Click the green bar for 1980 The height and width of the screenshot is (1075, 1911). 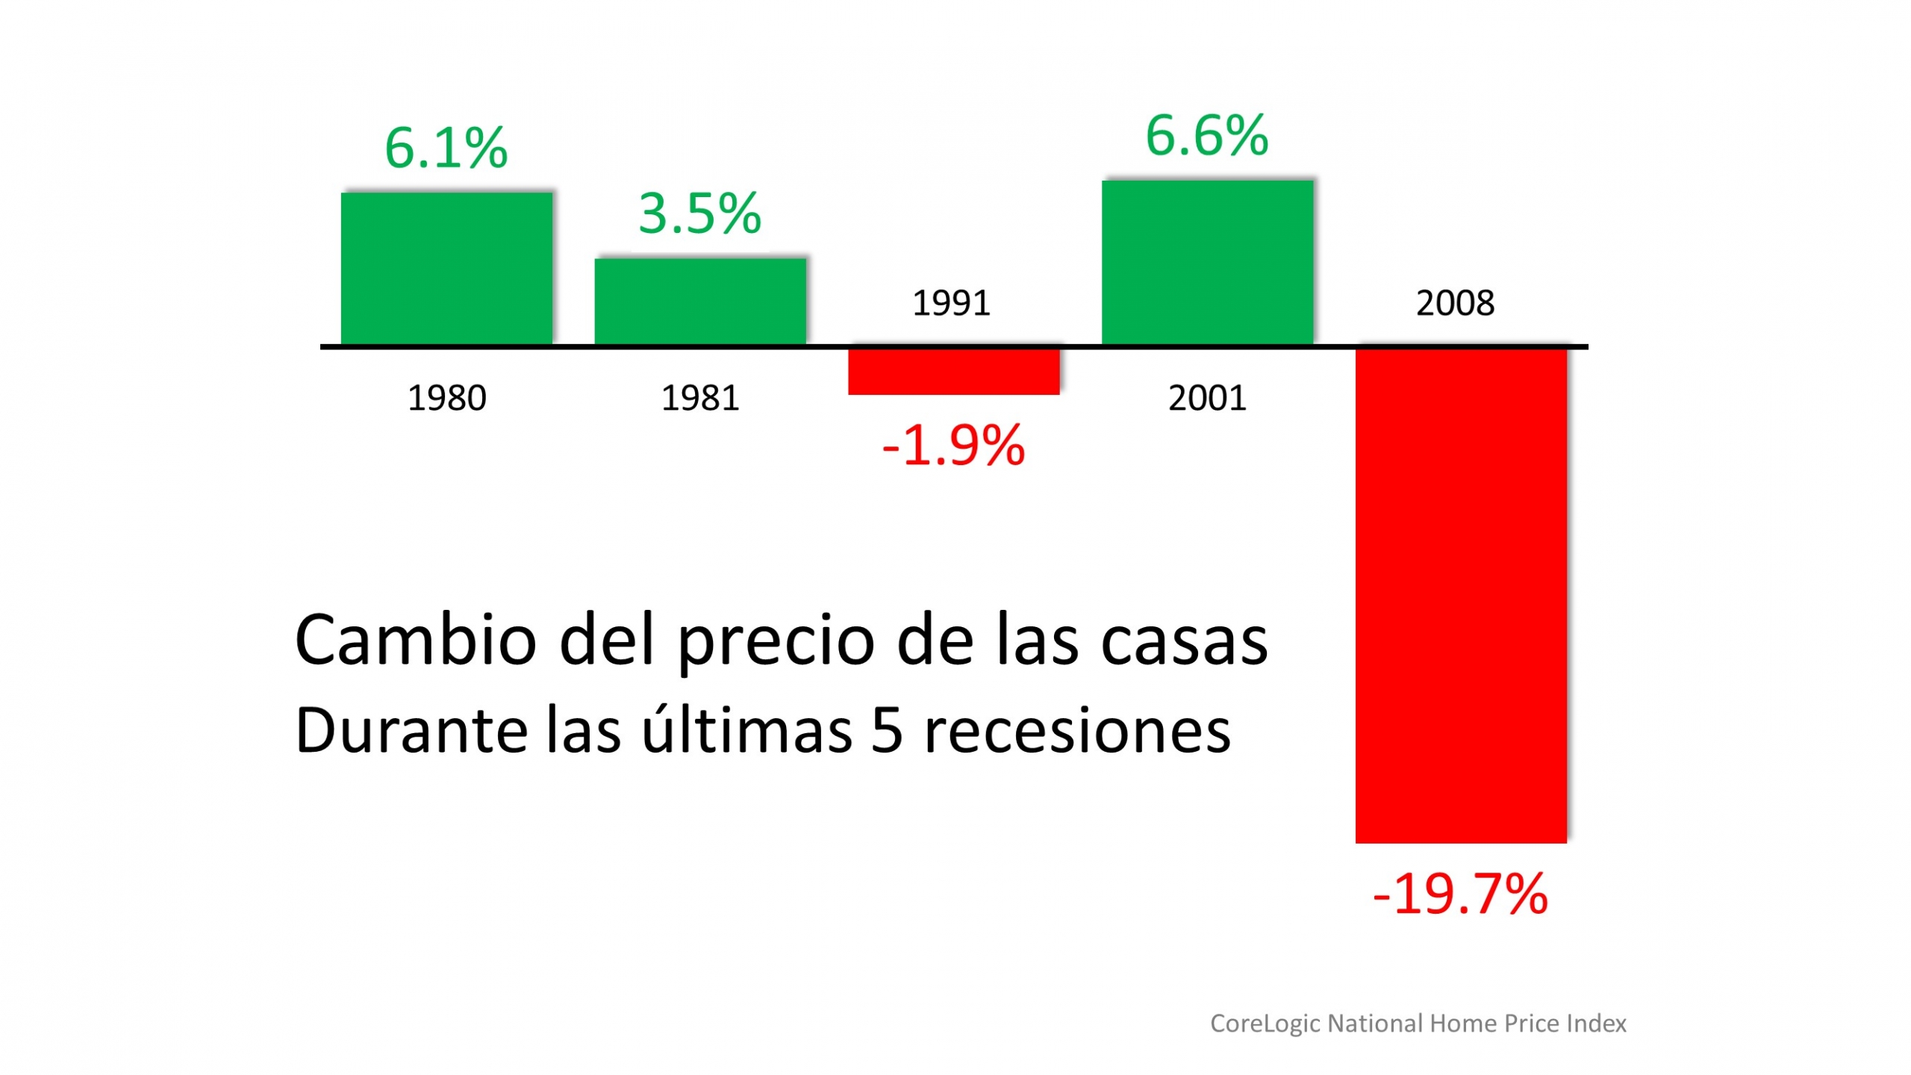[446, 269]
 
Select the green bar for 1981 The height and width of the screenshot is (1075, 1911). [700, 301]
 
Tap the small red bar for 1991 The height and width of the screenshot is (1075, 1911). [953, 371]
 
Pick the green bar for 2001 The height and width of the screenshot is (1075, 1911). [1207, 262]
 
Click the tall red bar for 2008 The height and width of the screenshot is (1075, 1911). [1461, 595]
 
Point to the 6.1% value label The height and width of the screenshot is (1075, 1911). [446, 148]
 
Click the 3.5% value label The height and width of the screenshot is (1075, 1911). [699, 214]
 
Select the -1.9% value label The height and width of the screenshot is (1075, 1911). [953, 446]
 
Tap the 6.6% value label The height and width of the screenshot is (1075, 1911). [1207, 136]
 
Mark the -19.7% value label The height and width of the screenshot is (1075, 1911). [1460, 894]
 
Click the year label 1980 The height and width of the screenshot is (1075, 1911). [446, 398]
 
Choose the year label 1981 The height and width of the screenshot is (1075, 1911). [700, 398]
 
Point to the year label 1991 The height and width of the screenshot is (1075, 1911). [951, 303]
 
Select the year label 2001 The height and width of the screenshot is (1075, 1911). [1207, 398]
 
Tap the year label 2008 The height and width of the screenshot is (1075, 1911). [1455, 303]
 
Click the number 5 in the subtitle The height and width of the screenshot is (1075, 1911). [887, 731]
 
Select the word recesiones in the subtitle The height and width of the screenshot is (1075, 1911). [1077, 731]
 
